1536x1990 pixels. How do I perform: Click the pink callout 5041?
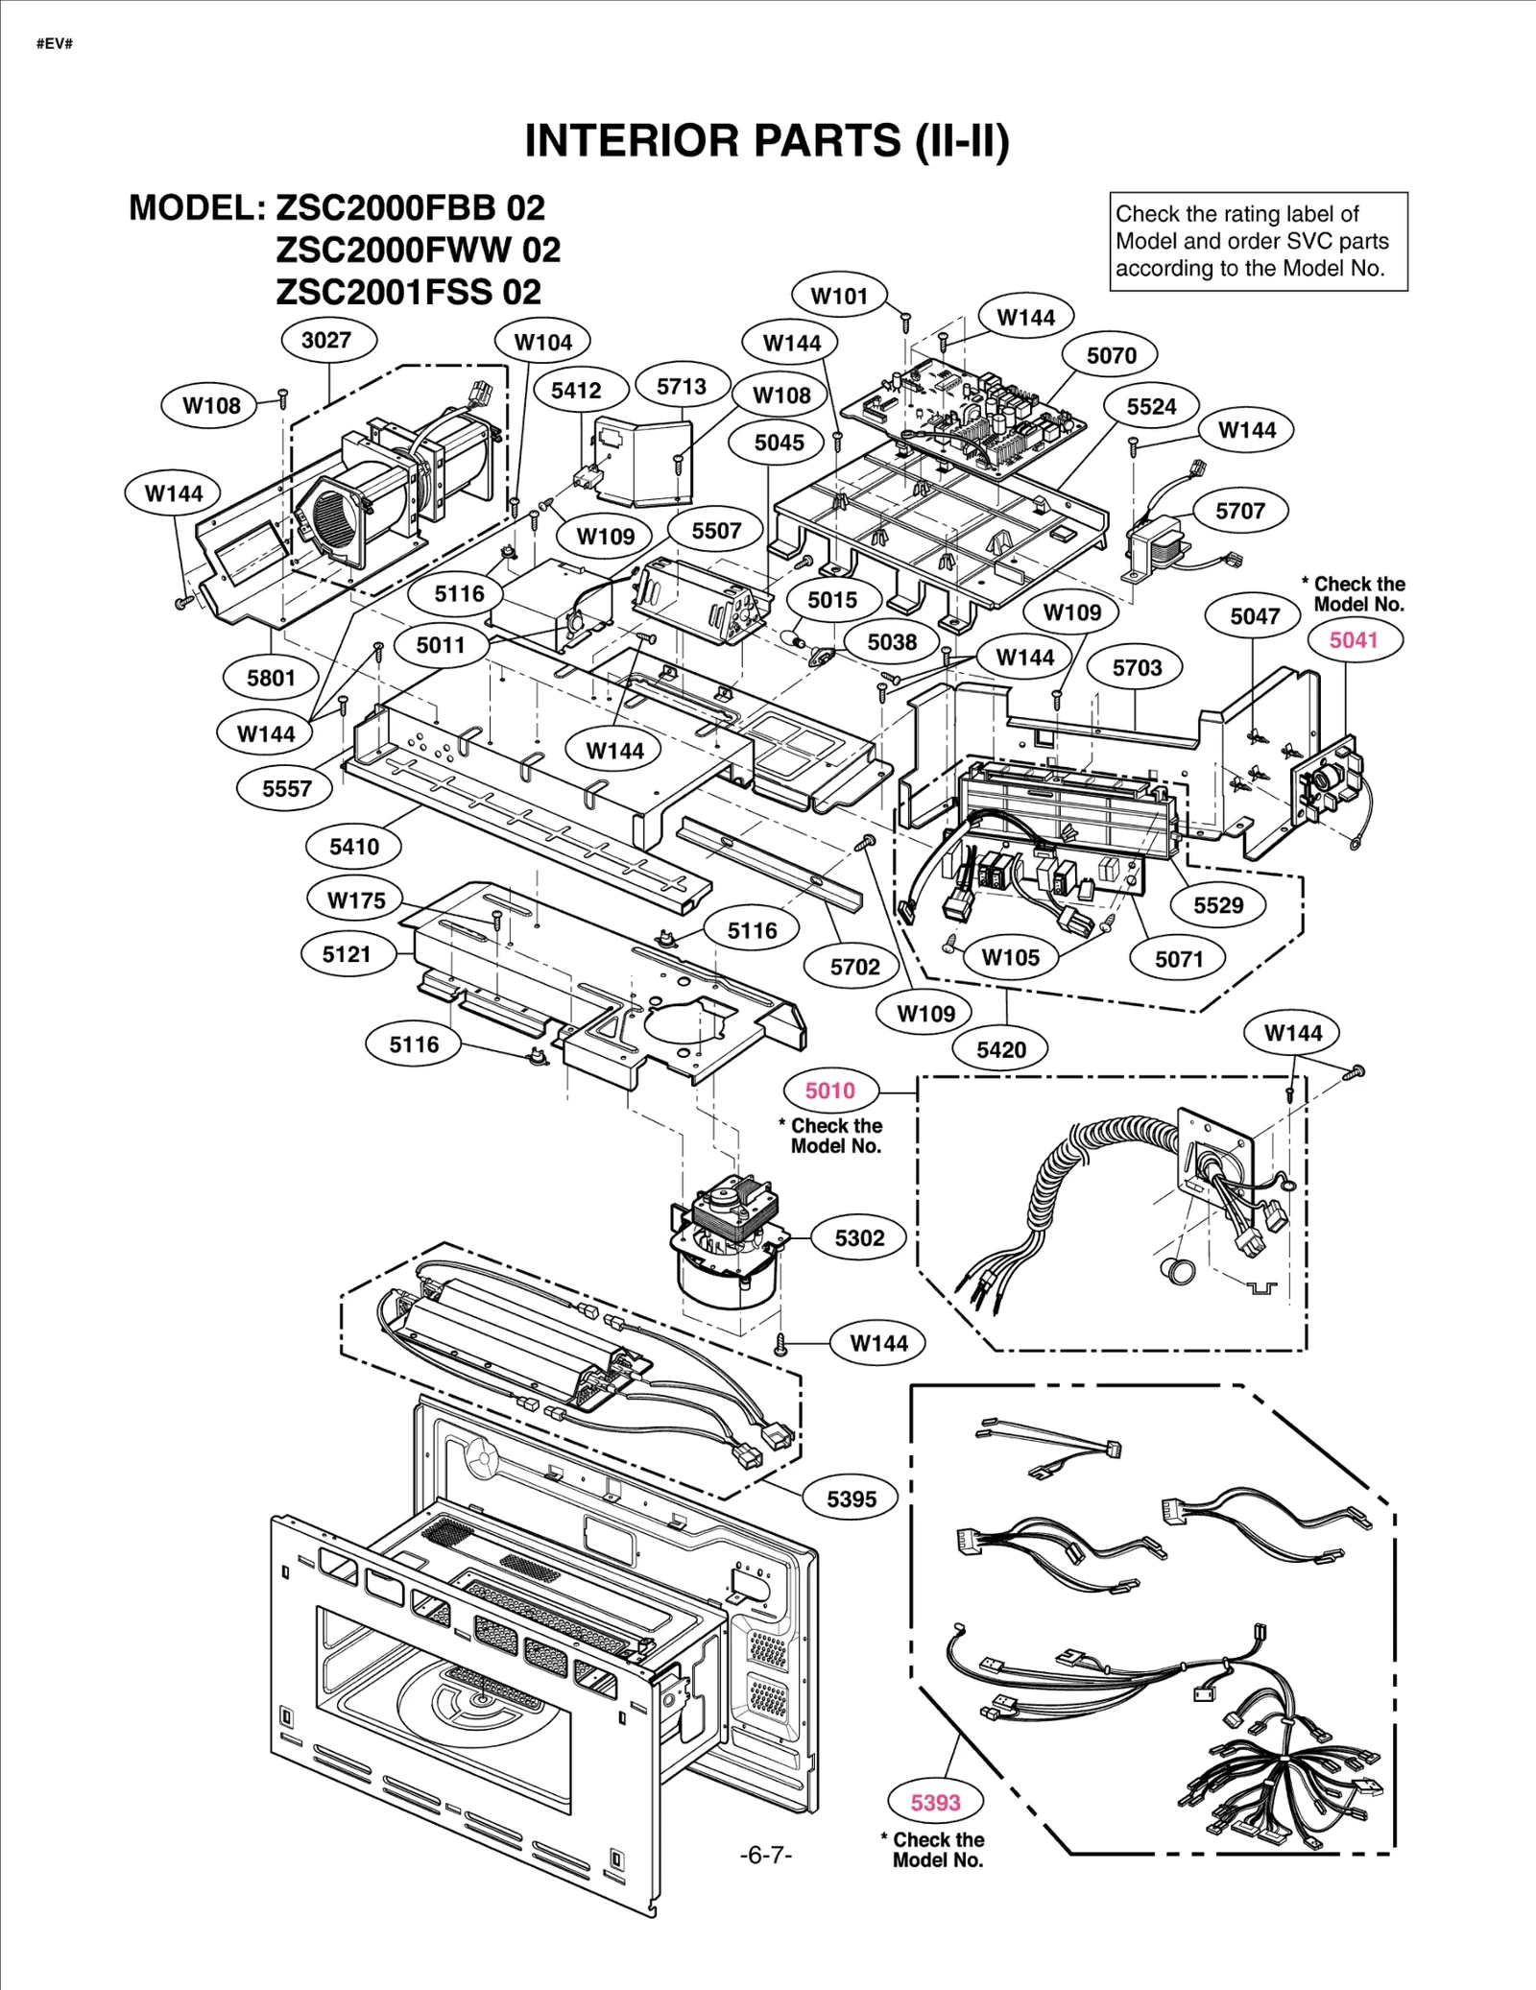click(x=1354, y=640)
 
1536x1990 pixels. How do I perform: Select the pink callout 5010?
click(x=830, y=1091)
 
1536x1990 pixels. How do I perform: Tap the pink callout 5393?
click(x=935, y=1803)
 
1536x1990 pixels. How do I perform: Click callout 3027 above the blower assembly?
click(x=326, y=340)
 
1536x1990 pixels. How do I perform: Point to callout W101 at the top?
click(x=839, y=296)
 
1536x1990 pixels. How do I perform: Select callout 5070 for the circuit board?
click(x=1111, y=356)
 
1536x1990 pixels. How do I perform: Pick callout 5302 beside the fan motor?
click(x=859, y=1238)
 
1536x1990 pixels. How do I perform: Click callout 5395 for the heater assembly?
click(x=852, y=1499)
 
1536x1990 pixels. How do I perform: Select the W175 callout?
click(x=356, y=900)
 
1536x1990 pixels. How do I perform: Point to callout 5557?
click(x=287, y=789)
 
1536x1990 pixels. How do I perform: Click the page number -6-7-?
click(x=766, y=1856)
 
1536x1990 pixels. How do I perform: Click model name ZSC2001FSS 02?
click(x=408, y=292)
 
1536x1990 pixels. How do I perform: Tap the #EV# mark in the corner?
click(x=55, y=44)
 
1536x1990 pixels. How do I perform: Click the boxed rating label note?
click(x=1258, y=242)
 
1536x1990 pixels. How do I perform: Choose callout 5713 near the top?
click(x=681, y=387)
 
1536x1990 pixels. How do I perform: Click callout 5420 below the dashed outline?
click(x=1001, y=1050)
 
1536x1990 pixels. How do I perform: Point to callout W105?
click(x=1010, y=957)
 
